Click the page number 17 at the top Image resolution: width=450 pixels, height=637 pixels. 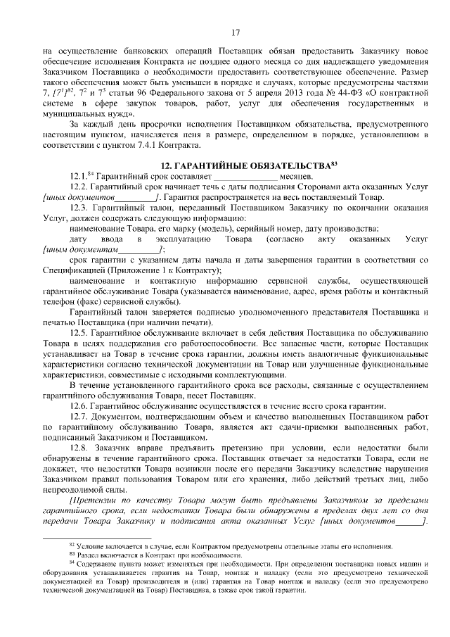tap(236, 32)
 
